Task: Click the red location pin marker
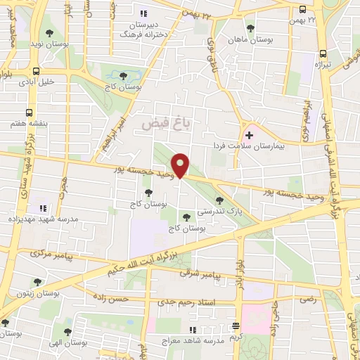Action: point(181,165)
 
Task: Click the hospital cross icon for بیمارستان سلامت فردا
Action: point(250,134)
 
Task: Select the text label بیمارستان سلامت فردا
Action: point(250,146)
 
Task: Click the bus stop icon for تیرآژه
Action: point(323,53)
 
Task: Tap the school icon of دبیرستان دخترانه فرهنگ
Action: point(144,13)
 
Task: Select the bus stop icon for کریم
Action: point(236,326)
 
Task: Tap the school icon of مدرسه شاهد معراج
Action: point(192,330)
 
